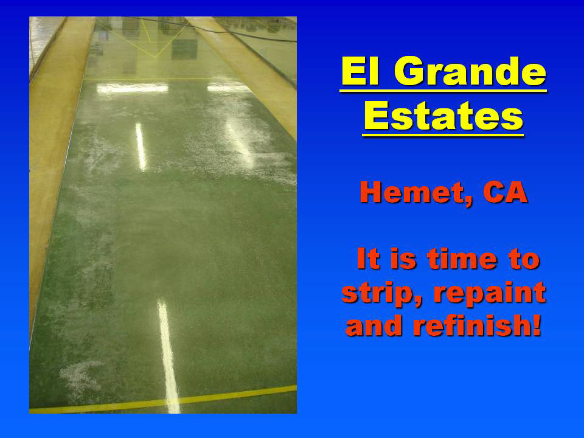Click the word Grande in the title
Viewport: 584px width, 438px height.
point(470,71)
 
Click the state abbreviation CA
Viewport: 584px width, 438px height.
point(506,192)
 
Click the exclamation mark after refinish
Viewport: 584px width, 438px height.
point(537,324)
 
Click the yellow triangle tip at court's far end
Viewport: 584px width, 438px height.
point(156,57)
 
